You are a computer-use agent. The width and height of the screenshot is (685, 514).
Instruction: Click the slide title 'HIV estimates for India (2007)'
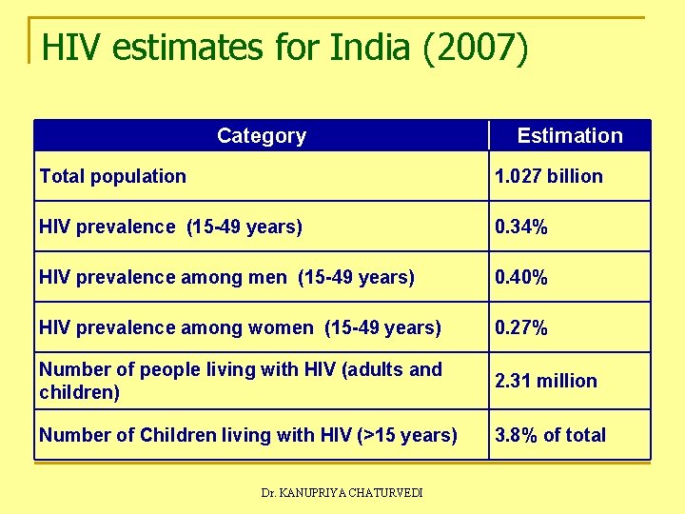[284, 48]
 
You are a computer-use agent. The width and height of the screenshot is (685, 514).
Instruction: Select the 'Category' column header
[262, 136]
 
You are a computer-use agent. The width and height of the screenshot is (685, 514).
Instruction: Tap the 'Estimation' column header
[570, 136]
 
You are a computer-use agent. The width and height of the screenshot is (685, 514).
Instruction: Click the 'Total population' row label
[113, 176]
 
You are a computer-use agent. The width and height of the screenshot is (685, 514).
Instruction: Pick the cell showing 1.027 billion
[548, 176]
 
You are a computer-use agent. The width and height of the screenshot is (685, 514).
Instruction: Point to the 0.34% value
[520, 227]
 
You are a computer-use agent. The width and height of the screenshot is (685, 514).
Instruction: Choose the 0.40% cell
[520, 278]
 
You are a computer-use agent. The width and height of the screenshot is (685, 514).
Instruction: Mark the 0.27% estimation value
[520, 328]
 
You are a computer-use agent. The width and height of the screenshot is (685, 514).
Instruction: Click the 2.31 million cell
[546, 381]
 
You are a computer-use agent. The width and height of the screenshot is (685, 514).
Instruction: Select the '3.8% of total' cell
[550, 435]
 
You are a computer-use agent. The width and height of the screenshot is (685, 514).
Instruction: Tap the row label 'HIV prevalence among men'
[226, 278]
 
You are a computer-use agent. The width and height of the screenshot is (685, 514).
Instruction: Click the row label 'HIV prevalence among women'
[240, 328]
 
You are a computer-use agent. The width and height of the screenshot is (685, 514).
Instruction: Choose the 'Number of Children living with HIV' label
[247, 435]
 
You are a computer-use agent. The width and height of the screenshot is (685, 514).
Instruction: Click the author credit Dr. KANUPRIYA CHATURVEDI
[342, 492]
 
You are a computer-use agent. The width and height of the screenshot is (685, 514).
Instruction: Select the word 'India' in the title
[364, 48]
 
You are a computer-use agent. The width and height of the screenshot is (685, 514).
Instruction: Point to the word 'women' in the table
[281, 328]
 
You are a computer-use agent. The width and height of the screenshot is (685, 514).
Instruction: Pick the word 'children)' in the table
[80, 392]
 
